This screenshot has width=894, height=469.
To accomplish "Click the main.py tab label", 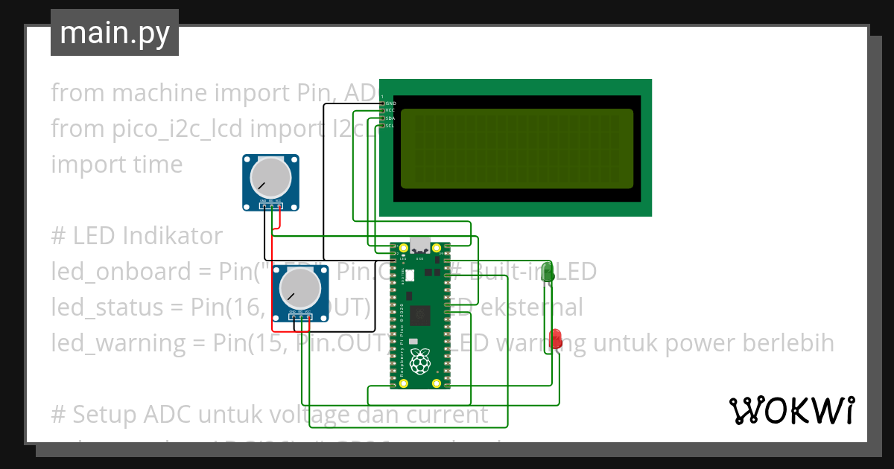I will [x=114, y=33].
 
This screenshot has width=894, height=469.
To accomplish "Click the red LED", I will [x=556, y=339].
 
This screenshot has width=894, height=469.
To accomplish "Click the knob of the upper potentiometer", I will [x=270, y=178].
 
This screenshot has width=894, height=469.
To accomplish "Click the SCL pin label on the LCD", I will [x=390, y=126].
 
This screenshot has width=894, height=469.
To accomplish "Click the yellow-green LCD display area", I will [x=517, y=148].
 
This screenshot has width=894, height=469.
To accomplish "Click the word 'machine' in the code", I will [x=159, y=93].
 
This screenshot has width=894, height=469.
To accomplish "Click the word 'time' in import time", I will [x=156, y=165].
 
